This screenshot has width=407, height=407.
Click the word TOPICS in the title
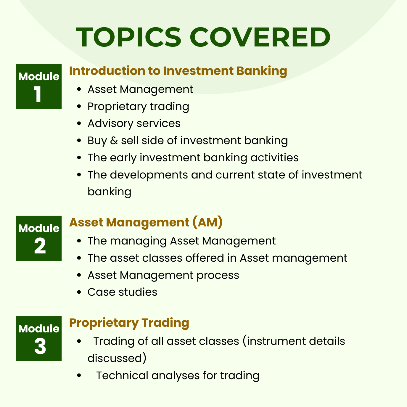(129, 37)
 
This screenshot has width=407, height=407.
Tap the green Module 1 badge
(39, 87)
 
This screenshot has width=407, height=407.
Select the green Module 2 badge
(39, 238)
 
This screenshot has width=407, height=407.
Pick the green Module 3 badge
(39, 339)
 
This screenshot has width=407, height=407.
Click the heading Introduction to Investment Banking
(178, 71)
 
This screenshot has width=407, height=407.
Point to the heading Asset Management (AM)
(146, 223)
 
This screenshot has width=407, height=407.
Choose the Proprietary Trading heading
(129, 323)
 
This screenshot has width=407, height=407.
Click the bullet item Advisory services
(134, 123)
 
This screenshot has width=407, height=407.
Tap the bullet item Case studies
(122, 292)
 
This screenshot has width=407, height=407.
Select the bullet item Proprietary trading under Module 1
(138, 107)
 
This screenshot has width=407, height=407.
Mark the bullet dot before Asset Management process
(79, 275)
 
